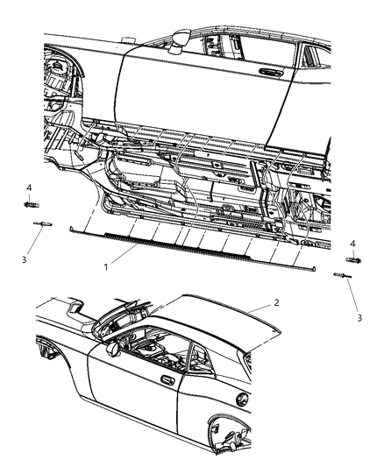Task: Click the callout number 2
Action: click(x=277, y=302)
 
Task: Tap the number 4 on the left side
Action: click(x=28, y=188)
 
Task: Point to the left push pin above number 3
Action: click(x=41, y=225)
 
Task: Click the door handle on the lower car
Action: click(x=194, y=381)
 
